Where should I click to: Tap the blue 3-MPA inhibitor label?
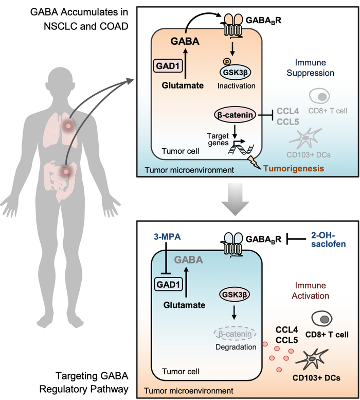pyautogui.click(x=164, y=237)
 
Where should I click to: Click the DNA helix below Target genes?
pyautogui.click(x=241, y=150)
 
